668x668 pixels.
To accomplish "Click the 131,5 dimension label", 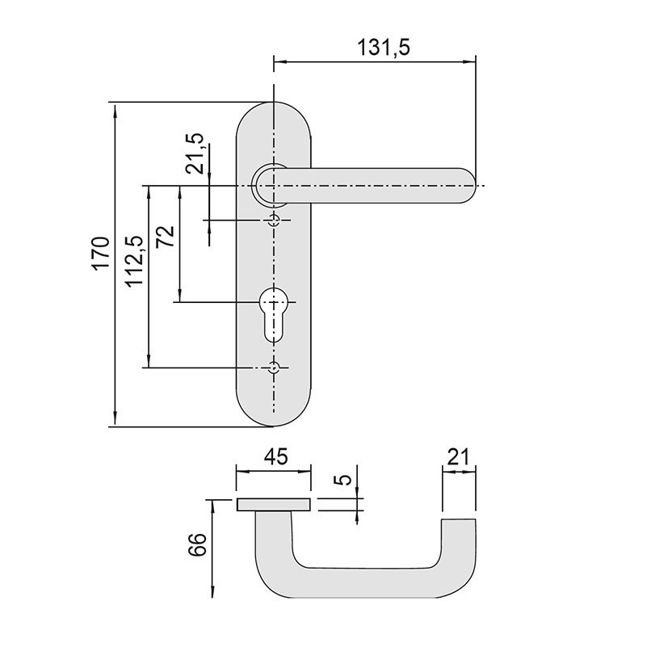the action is point(384,47).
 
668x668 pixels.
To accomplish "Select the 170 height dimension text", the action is point(102,253).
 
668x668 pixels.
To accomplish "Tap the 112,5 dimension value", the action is point(135,261).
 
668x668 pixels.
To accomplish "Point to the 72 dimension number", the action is point(166,236).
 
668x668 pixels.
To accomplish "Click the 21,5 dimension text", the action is point(195,153).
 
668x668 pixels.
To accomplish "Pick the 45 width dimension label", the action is point(275,456).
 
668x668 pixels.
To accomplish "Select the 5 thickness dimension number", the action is point(344,479).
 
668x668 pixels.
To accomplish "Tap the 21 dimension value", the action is point(458,456).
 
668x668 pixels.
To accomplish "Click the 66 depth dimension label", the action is point(197,544).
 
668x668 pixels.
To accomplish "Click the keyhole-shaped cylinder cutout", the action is point(273,314).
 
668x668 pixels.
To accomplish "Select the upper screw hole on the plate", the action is point(273,221).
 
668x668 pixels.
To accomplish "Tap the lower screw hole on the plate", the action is point(273,368).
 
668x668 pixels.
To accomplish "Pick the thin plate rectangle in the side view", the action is point(274,504).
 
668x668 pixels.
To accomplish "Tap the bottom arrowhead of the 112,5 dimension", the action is point(149,360).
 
